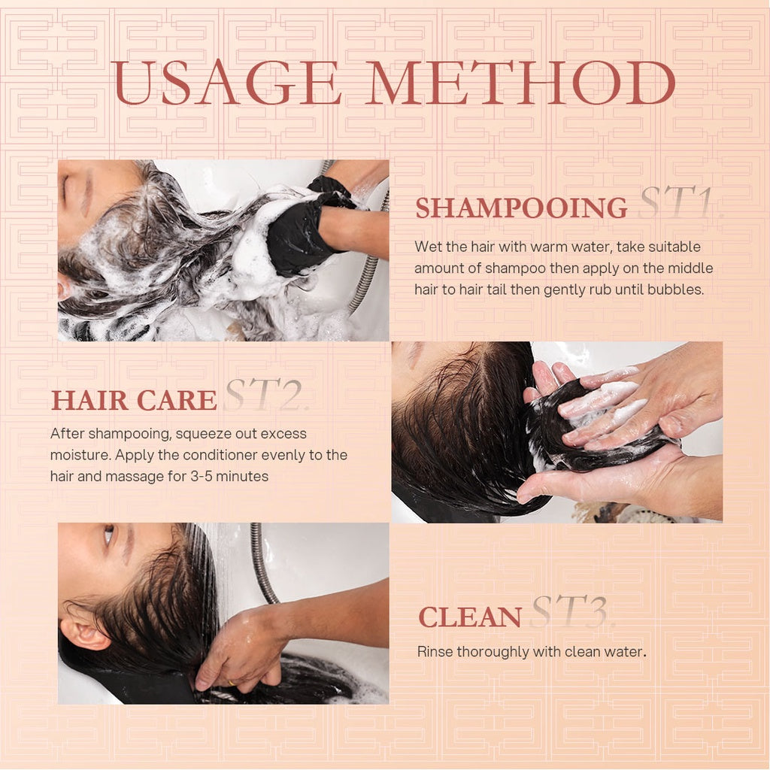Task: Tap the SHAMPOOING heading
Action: pos(521,208)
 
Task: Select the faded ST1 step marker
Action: pos(680,203)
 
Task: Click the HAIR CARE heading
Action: pos(133,401)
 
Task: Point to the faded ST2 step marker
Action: pos(265,396)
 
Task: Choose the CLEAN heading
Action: pos(469,617)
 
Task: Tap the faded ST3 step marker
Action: pos(571,612)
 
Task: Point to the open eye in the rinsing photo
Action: pos(108,535)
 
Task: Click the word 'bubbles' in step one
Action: pos(680,290)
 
